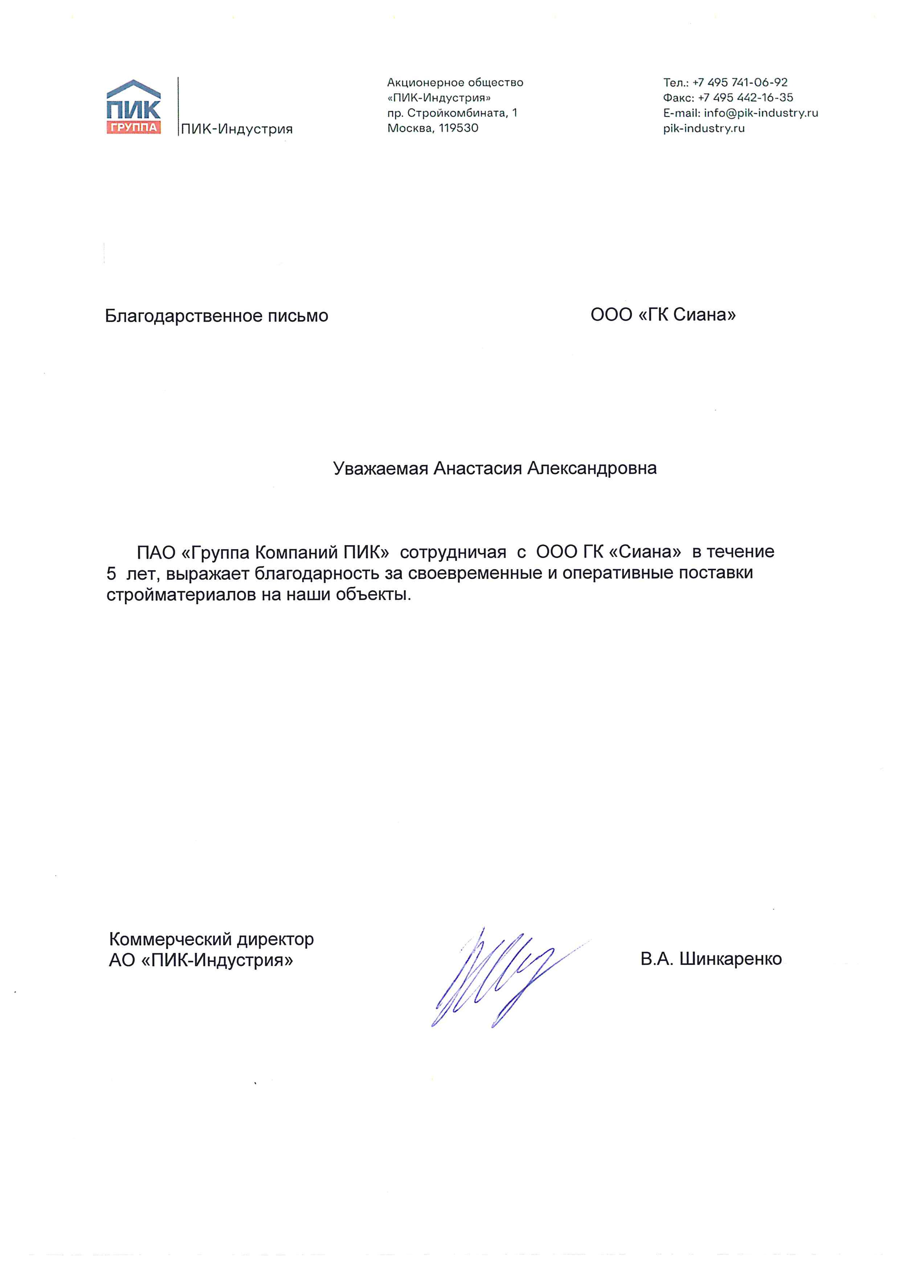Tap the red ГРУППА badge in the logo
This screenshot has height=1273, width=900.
click(x=133, y=127)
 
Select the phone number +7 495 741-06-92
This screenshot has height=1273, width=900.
click(x=740, y=83)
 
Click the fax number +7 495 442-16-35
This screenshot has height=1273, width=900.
click(x=745, y=98)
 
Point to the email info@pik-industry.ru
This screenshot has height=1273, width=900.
click(x=761, y=113)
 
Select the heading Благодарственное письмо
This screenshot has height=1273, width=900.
click(x=216, y=316)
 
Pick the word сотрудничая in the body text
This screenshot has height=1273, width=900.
click(x=453, y=552)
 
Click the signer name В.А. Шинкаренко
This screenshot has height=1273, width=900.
click(x=711, y=959)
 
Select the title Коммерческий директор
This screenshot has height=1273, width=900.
click(x=211, y=939)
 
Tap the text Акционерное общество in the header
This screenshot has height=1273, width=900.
click(x=455, y=83)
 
